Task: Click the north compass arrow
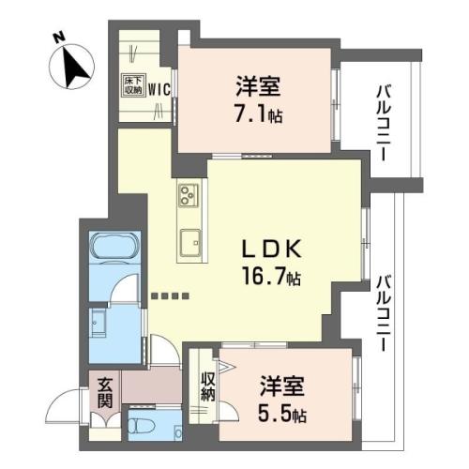click(x=75, y=68)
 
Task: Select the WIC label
click(x=159, y=90)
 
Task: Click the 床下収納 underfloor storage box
click(x=133, y=84)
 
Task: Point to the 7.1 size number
click(x=252, y=114)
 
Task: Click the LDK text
click(x=272, y=249)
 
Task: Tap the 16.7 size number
click(x=264, y=277)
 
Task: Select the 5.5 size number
click(x=275, y=414)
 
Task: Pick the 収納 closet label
click(x=207, y=386)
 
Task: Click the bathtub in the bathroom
click(x=114, y=246)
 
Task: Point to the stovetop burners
click(x=189, y=195)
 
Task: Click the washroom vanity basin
click(x=98, y=324)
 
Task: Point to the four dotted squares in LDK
click(x=170, y=295)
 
